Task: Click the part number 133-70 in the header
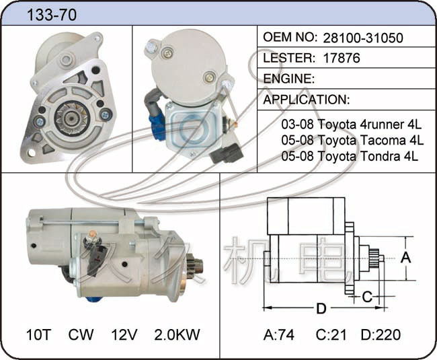52,15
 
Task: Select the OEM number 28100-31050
363,38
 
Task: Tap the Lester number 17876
342,58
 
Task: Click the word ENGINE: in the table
288,79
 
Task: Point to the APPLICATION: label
307,100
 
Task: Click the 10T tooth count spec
38,334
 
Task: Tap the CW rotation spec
81,334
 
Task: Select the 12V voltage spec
124,334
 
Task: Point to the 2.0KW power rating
177,334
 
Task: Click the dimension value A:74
279,334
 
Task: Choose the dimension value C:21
331,334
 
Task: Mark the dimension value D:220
381,334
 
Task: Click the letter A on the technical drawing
405,257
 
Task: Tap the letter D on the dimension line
321,309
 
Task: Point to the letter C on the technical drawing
367,297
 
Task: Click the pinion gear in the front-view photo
72,119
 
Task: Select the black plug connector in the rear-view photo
227,153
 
